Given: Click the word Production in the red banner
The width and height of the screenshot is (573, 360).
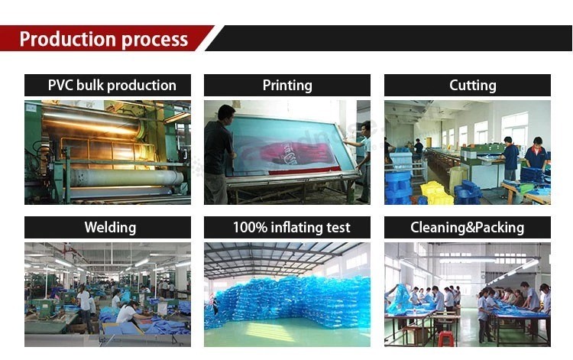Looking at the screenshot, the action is click(x=67, y=39).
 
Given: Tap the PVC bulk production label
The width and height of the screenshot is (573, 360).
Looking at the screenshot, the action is click(x=112, y=86).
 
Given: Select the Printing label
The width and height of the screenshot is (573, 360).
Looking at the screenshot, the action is click(x=287, y=86).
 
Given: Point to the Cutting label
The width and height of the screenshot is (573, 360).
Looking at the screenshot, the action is click(x=472, y=86).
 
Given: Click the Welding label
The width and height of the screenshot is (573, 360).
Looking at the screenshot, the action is click(x=110, y=227).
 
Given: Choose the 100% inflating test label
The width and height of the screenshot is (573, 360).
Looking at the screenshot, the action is click(x=291, y=227).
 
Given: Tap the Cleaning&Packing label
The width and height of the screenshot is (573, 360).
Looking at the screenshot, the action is click(x=467, y=227).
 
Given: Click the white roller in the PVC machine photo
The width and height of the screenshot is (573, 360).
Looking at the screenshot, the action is click(x=126, y=178).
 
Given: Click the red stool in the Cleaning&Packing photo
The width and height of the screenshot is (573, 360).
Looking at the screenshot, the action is click(x=445, y=339).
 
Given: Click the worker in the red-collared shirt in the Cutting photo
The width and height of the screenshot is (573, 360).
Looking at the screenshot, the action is click(x=536, y=154).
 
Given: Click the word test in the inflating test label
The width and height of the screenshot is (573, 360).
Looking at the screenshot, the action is click(x=338, y=228).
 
